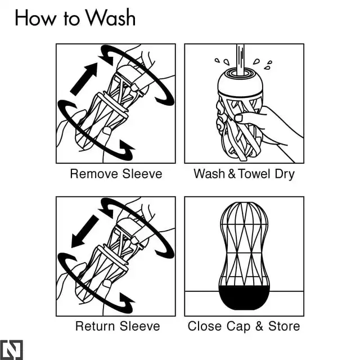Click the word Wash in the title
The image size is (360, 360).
(111, 17)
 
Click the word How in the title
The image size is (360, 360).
(35, 18)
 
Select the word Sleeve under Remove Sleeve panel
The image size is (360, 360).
(142, 174)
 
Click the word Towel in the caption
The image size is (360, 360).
(254, 174)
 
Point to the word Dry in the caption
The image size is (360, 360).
(285, 174)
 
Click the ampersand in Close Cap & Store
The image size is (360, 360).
(259, 326)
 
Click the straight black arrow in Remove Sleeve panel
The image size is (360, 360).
(84, 79)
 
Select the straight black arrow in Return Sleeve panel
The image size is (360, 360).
(84, 231)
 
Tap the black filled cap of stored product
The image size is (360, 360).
(244, 298)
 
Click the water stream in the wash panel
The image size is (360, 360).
(240, 60)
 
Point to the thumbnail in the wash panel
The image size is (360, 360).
(238, 118)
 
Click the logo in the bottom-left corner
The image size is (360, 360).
(11, 350)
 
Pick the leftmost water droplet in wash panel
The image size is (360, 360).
(217, 60)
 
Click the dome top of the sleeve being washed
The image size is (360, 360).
(240, 82)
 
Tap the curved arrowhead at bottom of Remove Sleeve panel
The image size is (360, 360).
(126, 148)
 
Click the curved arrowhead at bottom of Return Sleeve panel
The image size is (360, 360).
(126, 301)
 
